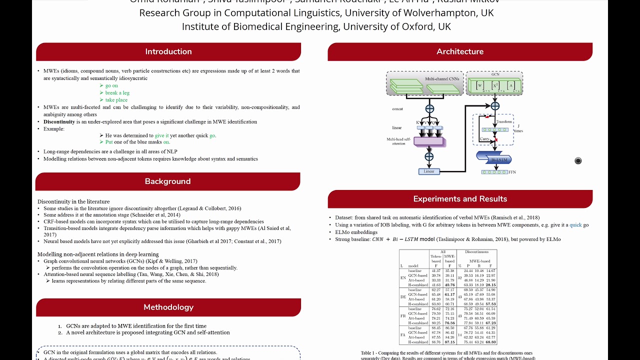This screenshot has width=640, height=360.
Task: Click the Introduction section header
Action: [x=168, y=51]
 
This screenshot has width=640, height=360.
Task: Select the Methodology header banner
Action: [x=168, y=307]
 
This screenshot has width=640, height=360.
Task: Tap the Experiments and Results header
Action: [x=460, y=199]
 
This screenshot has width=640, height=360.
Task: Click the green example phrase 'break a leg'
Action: [x=117, y=93]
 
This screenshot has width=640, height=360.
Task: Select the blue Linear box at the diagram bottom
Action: [x=429, y=171]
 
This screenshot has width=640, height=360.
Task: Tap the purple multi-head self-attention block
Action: [x=429, y=141]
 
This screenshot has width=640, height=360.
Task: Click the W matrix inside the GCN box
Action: [x=480, y=85]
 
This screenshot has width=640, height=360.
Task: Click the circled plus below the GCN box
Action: [x=495, y=106]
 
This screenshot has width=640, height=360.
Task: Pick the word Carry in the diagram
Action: [x=484, y=139]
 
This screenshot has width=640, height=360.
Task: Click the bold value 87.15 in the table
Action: [x=449, y=342]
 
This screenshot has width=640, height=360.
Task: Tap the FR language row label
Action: [x=402, y=316]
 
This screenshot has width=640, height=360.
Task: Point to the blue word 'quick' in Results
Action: [x=575, y=225]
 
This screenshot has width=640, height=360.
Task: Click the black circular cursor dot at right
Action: [x=578, y=160]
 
